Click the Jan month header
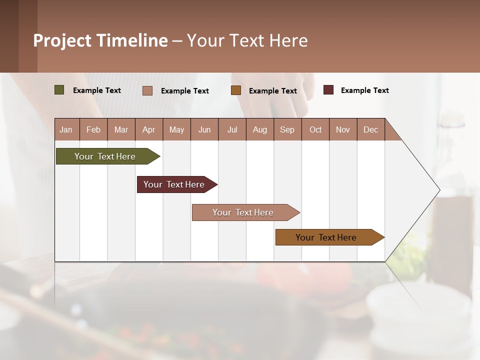click(x=66, y=129)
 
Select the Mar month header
click(x=121, y=129)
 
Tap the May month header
click(x=176, y=129)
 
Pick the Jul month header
click(x=232, y=129)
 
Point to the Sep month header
click(x=287, y=129)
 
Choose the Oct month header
click(x=315, y=129)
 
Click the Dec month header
click(x=370, y=129)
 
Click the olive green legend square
click(x=59, y=90)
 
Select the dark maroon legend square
click(x=328, y=90)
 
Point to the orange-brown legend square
click(x=236, y=90)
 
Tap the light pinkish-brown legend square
click(x=147, y=90)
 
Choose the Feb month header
click(x=93, y=129)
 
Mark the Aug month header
click(x=259, y=129)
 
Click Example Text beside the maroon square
click(x=364, y=90)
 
